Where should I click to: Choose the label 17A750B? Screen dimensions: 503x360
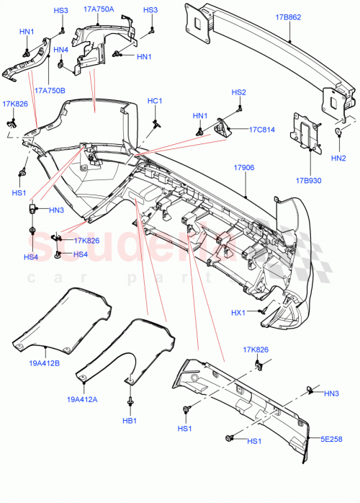(x=49, y=91)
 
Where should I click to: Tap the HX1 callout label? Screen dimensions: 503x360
(x=239, y=312)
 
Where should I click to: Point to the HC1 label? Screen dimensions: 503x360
(x=155, y=101)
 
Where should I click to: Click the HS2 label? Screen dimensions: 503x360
(x=238, y=92)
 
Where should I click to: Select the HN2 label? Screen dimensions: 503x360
(x=338, y=157)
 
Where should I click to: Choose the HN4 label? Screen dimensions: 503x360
(x=61, y=50)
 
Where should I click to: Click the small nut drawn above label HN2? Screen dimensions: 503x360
(x=338, y=132)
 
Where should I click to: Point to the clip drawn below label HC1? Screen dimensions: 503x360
(x=155, y=123)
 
